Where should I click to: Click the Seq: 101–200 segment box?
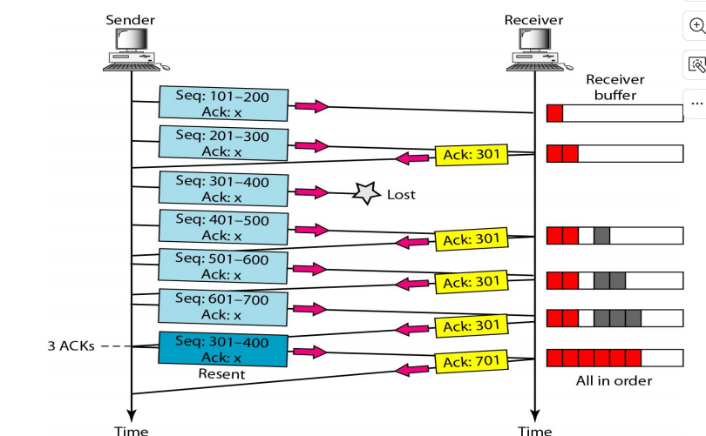click(223, 104)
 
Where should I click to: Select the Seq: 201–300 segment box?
click(223, 143)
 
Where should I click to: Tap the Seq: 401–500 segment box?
click(223, 227)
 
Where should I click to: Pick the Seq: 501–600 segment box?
click(223, 266)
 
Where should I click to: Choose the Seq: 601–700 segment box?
click(223, 307)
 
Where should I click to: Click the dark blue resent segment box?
click(223, 349)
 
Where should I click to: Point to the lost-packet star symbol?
click(366, 193)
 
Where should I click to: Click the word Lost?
click(401, 195)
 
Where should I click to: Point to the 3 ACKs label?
click(71, 345)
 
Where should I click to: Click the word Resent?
click(221, 374)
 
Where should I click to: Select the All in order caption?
click(614, 380)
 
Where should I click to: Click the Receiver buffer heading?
click(615, 87)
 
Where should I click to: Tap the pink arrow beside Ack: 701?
click(411, 370)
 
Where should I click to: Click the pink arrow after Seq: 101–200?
click(312, 106)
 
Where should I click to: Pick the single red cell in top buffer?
click(554, 113)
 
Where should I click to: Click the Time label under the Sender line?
click(131, 431)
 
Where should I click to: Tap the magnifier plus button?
click(696, 25)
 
